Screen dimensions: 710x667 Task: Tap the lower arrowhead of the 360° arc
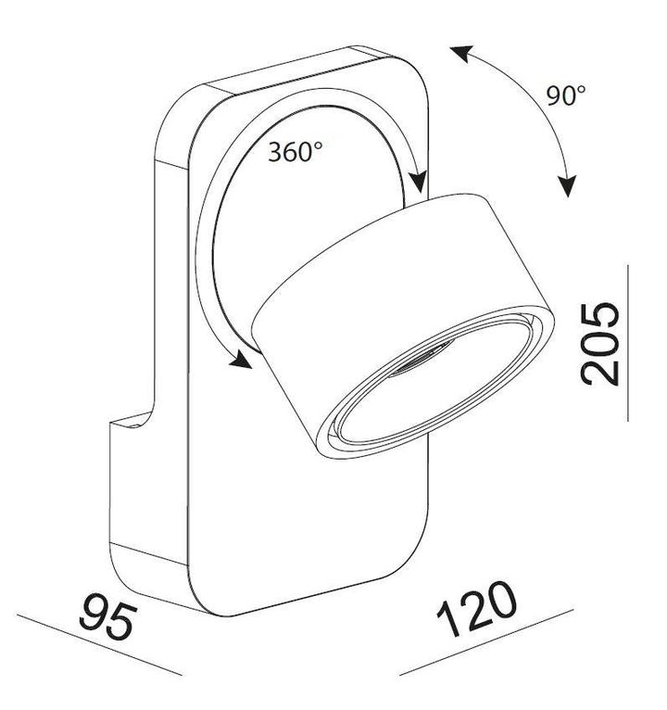coord(243,361)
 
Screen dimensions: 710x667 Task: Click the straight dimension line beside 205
coord(627,343)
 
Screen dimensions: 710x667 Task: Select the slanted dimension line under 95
coord(93,649)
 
